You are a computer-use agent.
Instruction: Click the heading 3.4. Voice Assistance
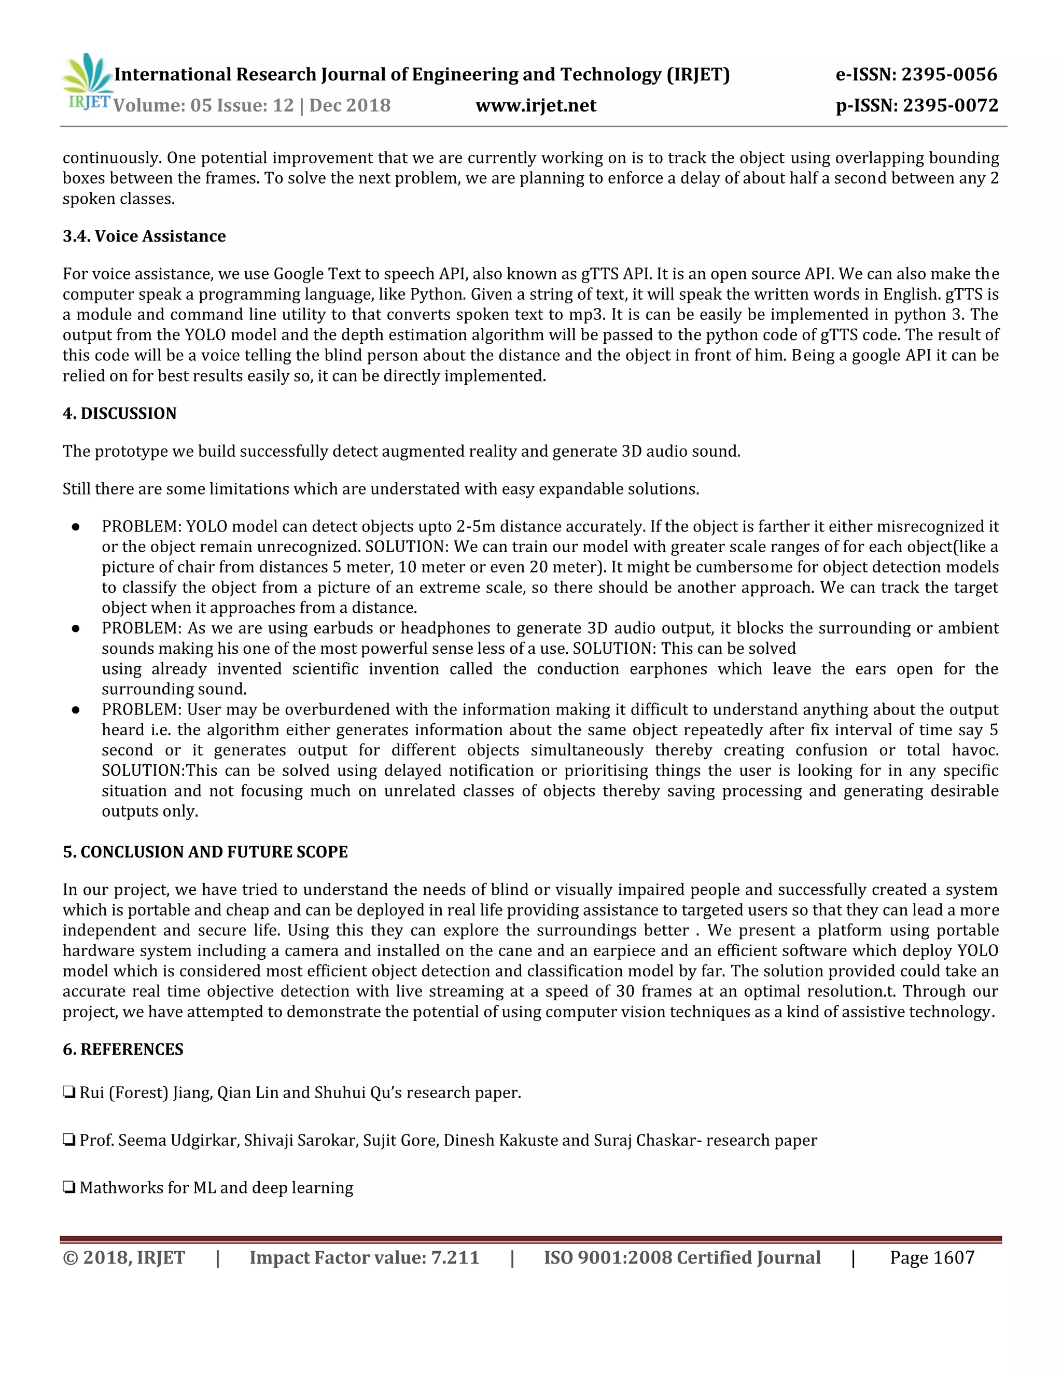(x=144, y=236)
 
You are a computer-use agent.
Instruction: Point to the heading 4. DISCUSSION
(x=120, y=413)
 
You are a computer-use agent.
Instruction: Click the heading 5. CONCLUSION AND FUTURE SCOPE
(x=205, y=852)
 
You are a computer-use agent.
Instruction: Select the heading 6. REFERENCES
(x=123, y=1049)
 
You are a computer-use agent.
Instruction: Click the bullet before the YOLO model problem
(x=76, y=527)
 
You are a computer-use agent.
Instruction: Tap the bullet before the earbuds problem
(x=76, y=628)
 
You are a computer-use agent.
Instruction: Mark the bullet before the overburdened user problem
(x=76, y=710)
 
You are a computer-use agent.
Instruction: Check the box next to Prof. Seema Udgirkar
(x=69, y=1140)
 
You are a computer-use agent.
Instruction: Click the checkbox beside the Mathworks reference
(x=69, y=1187)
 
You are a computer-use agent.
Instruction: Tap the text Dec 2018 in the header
(x=350, y=105)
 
